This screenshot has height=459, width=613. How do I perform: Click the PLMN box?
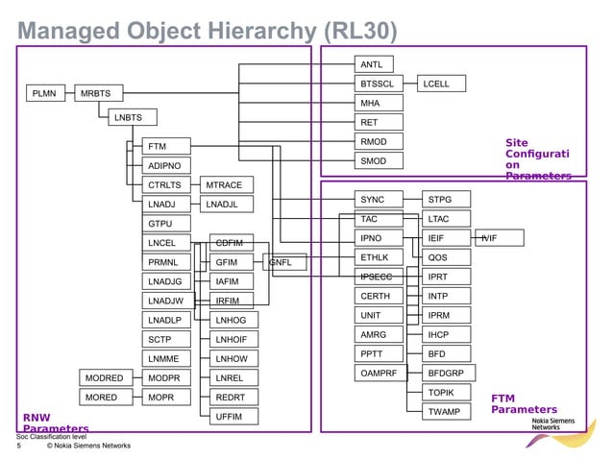[x=44, y=93]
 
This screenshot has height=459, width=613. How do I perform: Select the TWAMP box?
[x=445, y=412]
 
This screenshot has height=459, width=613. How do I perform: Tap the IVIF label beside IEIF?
[x=491, y=237]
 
